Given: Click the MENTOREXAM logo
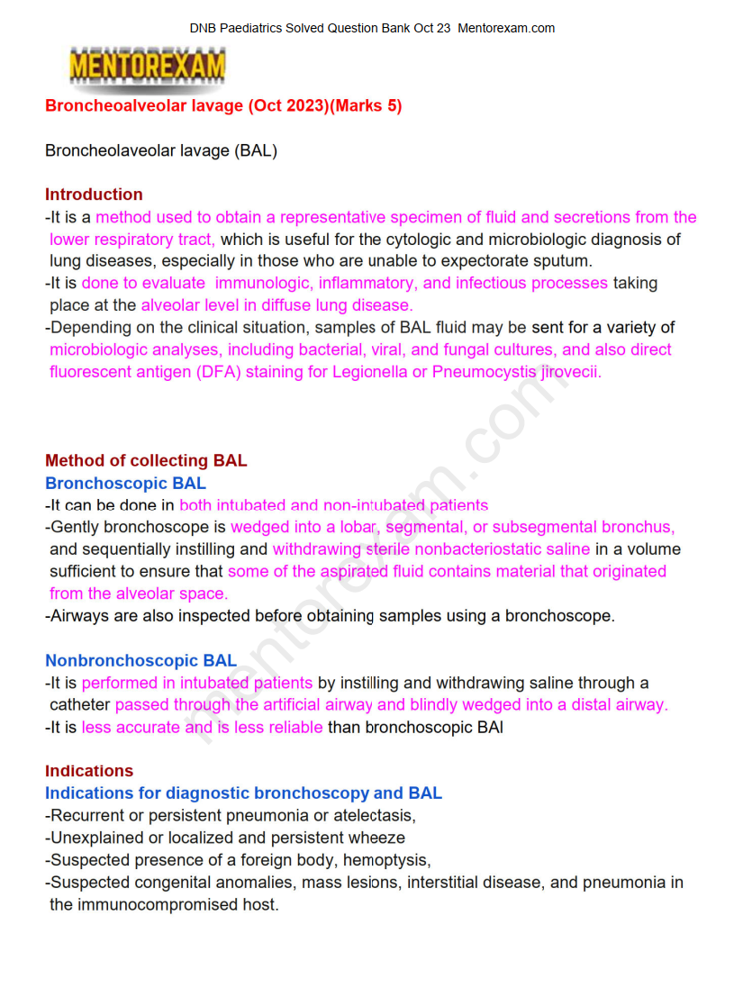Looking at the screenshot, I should click(148, 66).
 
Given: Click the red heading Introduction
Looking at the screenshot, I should click(94, 195).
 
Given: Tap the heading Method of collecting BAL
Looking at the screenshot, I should click(146, 461).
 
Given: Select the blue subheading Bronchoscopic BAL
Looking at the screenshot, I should click(125, 484).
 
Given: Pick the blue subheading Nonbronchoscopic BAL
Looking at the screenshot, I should click(141, 661).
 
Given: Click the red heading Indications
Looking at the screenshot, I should click(89, 771).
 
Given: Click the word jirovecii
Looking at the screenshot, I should click(571, 372).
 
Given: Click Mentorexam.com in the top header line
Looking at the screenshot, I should click(506, 28).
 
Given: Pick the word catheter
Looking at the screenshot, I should click(80, 705).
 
